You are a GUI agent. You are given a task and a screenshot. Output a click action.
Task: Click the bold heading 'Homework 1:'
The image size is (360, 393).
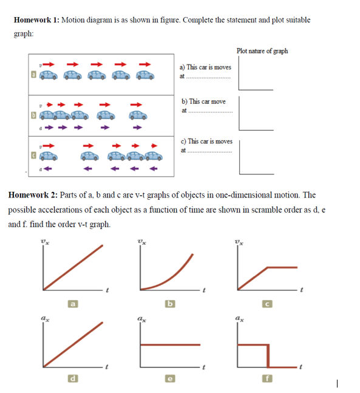pyautogui.click(x=35, y=20)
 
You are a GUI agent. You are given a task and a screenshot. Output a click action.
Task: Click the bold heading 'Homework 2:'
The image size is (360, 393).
pyautogui.click(x=32, y=195)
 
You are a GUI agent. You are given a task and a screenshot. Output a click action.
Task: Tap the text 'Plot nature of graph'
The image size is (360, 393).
pyautogui.click(x=263, y=51)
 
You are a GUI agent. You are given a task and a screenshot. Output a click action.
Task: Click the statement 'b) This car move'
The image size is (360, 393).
pyautogui.click(x=203, y=101)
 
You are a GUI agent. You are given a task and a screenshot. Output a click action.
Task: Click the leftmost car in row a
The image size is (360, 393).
pyautogui.click(x=50, y=75)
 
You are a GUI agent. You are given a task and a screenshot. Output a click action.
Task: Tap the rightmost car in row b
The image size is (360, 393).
pyautogui.click(x=138, y=114)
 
